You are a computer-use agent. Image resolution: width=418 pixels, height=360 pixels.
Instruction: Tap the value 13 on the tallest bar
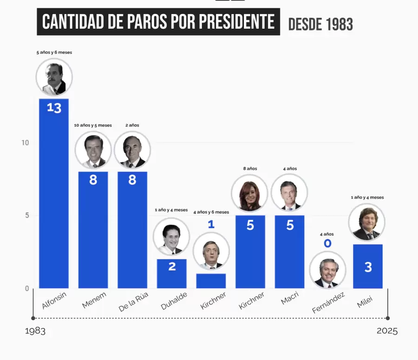54,108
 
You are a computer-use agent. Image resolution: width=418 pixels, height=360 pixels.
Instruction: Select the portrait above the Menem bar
93,149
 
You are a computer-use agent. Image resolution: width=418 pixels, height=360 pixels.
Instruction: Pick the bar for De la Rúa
132,232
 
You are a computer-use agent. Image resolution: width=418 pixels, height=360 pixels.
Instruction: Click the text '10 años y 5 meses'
93,125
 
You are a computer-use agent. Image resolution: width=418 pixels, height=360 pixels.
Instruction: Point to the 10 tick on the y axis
25,143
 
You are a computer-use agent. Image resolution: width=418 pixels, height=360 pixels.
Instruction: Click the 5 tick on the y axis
26,216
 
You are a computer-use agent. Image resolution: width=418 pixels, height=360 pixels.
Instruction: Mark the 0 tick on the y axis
26,289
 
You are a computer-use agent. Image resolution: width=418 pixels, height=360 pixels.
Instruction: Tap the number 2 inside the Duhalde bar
172,267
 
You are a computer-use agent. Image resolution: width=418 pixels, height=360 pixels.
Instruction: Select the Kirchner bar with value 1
211,281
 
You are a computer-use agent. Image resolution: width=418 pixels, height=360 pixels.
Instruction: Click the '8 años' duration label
250,169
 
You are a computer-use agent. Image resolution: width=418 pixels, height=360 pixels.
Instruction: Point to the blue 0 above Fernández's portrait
328,244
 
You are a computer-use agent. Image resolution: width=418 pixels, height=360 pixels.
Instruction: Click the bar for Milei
368,267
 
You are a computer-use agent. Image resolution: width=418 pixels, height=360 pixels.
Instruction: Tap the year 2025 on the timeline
387,331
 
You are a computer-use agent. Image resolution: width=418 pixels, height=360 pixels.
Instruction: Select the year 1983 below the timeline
35,331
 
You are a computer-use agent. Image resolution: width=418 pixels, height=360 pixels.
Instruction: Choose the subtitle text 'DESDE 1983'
320,24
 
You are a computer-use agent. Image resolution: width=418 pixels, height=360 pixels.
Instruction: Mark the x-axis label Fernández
328,302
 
